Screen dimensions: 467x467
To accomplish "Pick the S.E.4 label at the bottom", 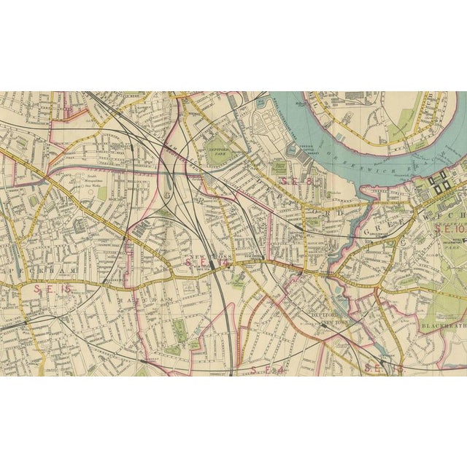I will pos(267,370).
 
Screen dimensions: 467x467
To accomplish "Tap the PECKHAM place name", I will pos(58,269).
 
